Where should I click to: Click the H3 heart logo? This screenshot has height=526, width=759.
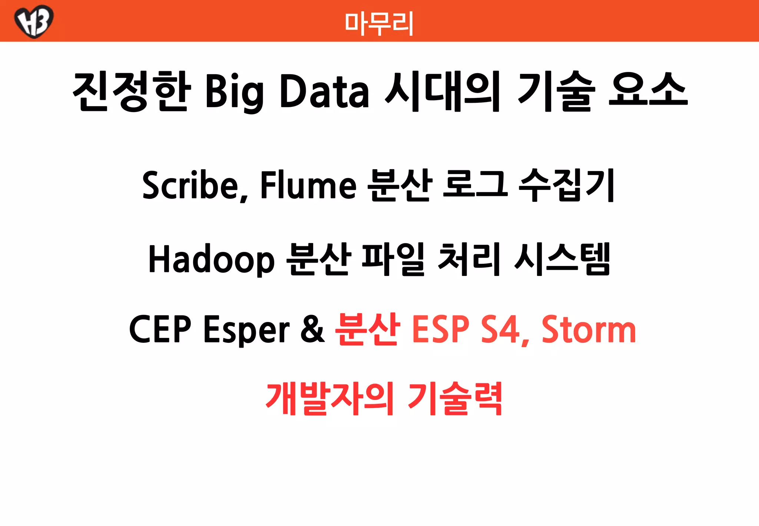point(34,21)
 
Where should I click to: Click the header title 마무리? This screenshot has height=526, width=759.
point(379,23)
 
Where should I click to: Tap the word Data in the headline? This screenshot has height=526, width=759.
point(324,91)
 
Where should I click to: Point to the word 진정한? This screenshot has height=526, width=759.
point(132,91)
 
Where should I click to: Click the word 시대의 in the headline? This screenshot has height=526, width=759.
point(443,91)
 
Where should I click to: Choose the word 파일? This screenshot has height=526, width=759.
point(393,259)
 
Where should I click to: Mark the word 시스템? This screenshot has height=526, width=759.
point(562,259)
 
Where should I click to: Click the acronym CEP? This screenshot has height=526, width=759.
point(160,329)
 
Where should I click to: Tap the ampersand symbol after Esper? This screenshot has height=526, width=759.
point(312,329)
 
